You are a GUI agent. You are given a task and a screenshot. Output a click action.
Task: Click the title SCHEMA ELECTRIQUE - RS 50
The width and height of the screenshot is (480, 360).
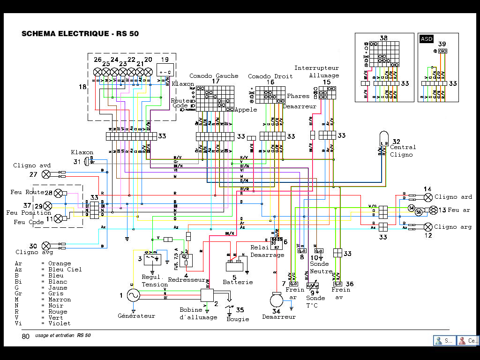[x=80, y=34]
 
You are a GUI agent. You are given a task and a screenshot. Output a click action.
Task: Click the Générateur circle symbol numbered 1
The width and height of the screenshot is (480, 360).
[x=134, y=295]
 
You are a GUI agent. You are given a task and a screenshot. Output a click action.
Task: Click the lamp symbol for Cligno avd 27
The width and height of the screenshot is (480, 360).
[x=46, y=174]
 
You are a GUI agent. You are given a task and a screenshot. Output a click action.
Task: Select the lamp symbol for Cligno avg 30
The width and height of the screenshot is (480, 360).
[x=46, y=245]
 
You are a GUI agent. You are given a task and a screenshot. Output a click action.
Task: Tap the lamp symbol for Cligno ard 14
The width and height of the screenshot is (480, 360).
[x=427, y=197]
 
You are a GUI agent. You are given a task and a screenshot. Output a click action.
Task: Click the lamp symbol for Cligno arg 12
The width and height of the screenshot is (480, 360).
[x=427, y=227]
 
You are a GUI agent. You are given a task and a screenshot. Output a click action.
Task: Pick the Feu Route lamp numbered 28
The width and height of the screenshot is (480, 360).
[x=59, y=193]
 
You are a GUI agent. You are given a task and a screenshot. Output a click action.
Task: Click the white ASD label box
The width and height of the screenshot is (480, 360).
[x=427, y=39]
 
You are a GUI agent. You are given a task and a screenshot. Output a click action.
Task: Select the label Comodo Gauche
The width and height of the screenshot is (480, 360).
[x=214, y=76]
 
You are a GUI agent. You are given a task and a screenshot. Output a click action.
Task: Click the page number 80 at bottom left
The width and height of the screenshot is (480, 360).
[x=25, y=336]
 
